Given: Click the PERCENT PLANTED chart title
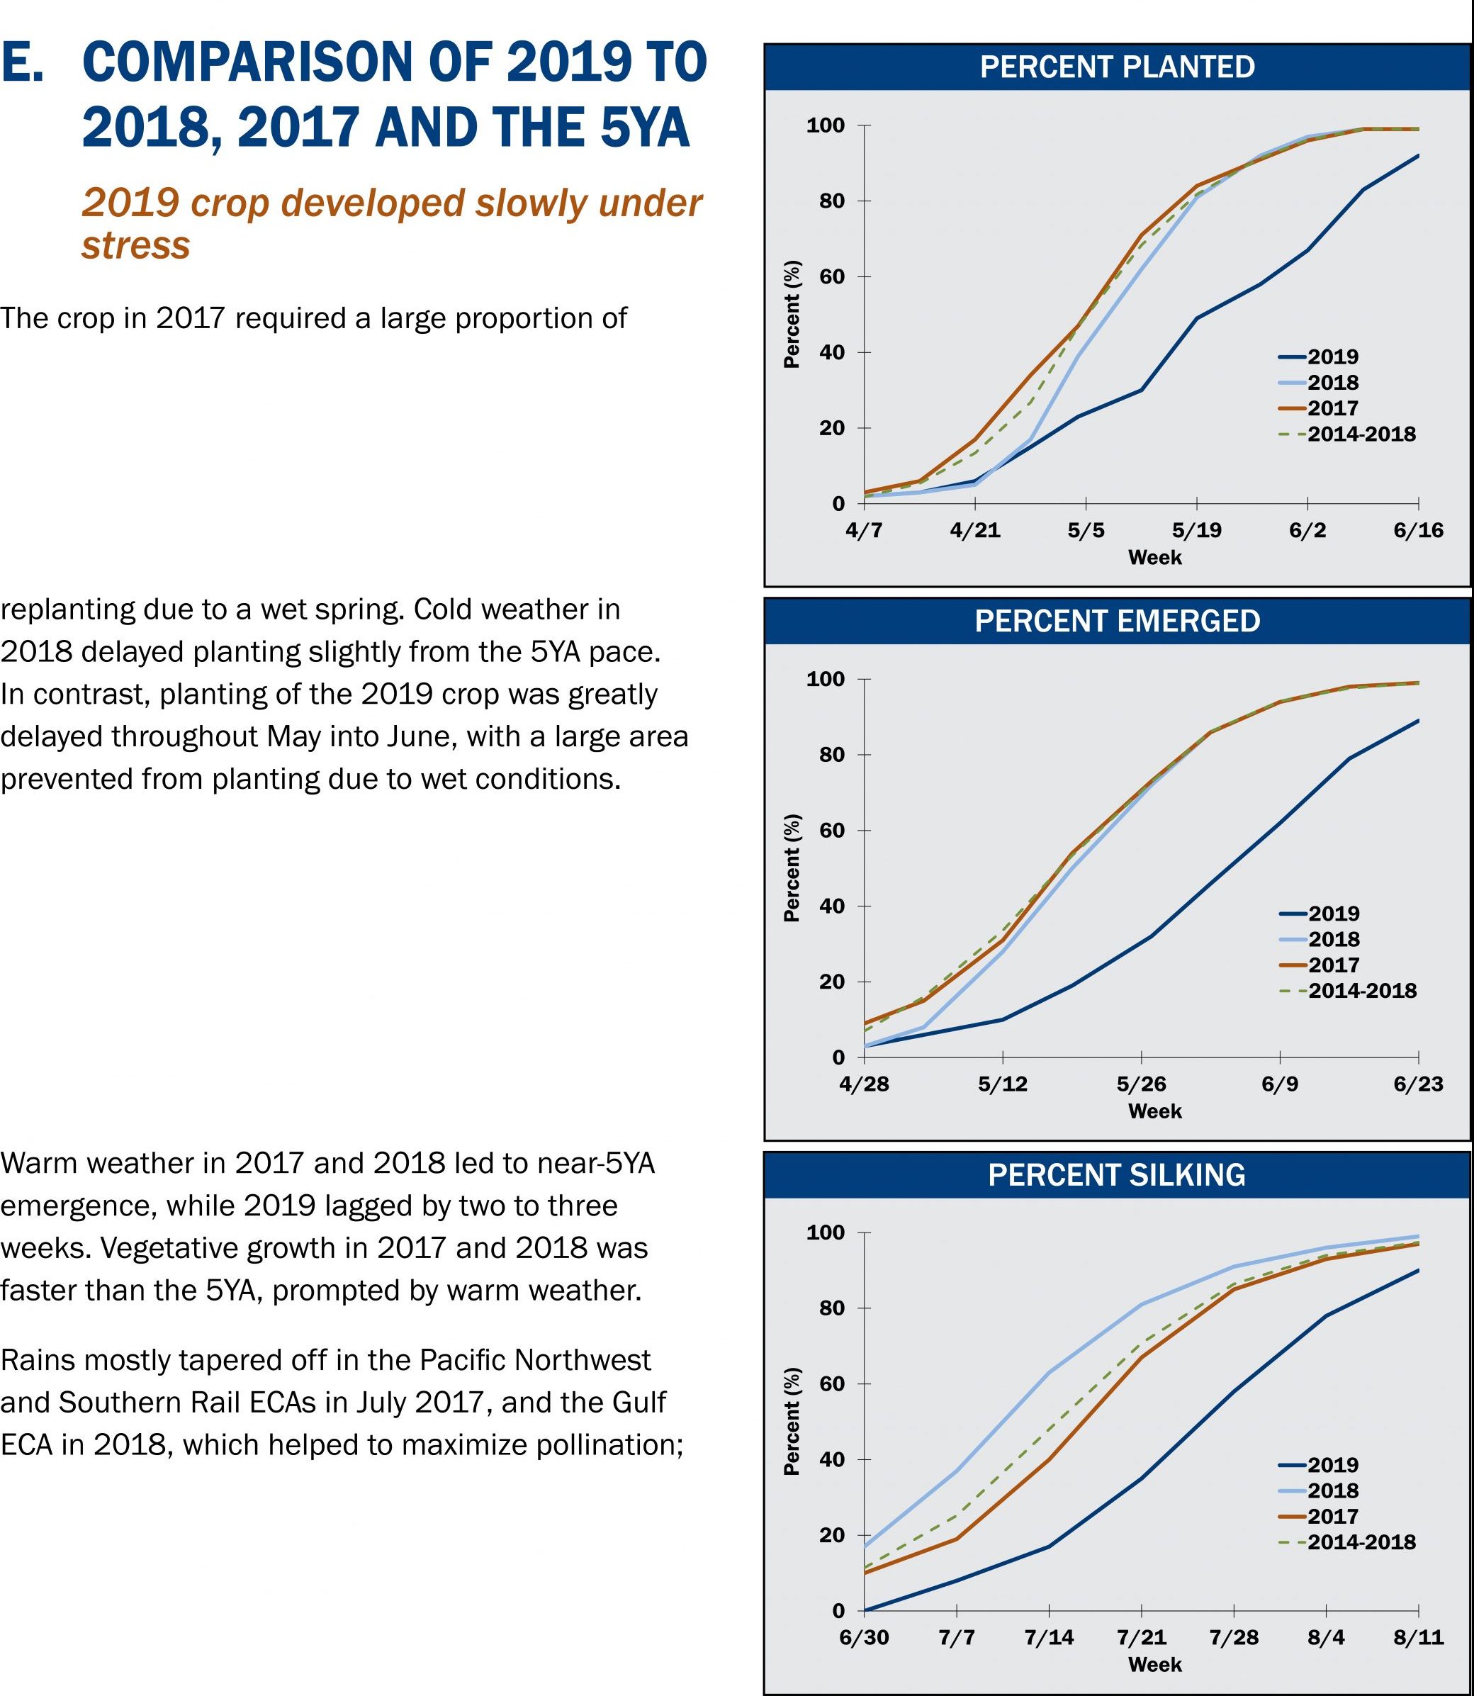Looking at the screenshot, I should coord(1117,67).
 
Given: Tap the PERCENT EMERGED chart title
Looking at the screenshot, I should coord(1117,620).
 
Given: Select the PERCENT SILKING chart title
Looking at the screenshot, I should coord(1117,1174).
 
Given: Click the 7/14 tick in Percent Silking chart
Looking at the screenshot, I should coord(1049,1636).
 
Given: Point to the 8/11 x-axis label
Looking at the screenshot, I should coord(1418,1636).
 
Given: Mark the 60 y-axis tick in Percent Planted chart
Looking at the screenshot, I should coord(838,276).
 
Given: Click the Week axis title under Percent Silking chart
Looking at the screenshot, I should coord(1155,1664).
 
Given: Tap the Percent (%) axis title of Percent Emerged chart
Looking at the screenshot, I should coord(792,867).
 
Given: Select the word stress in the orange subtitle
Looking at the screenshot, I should coord(136,245).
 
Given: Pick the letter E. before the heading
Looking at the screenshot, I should coord(22,63).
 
